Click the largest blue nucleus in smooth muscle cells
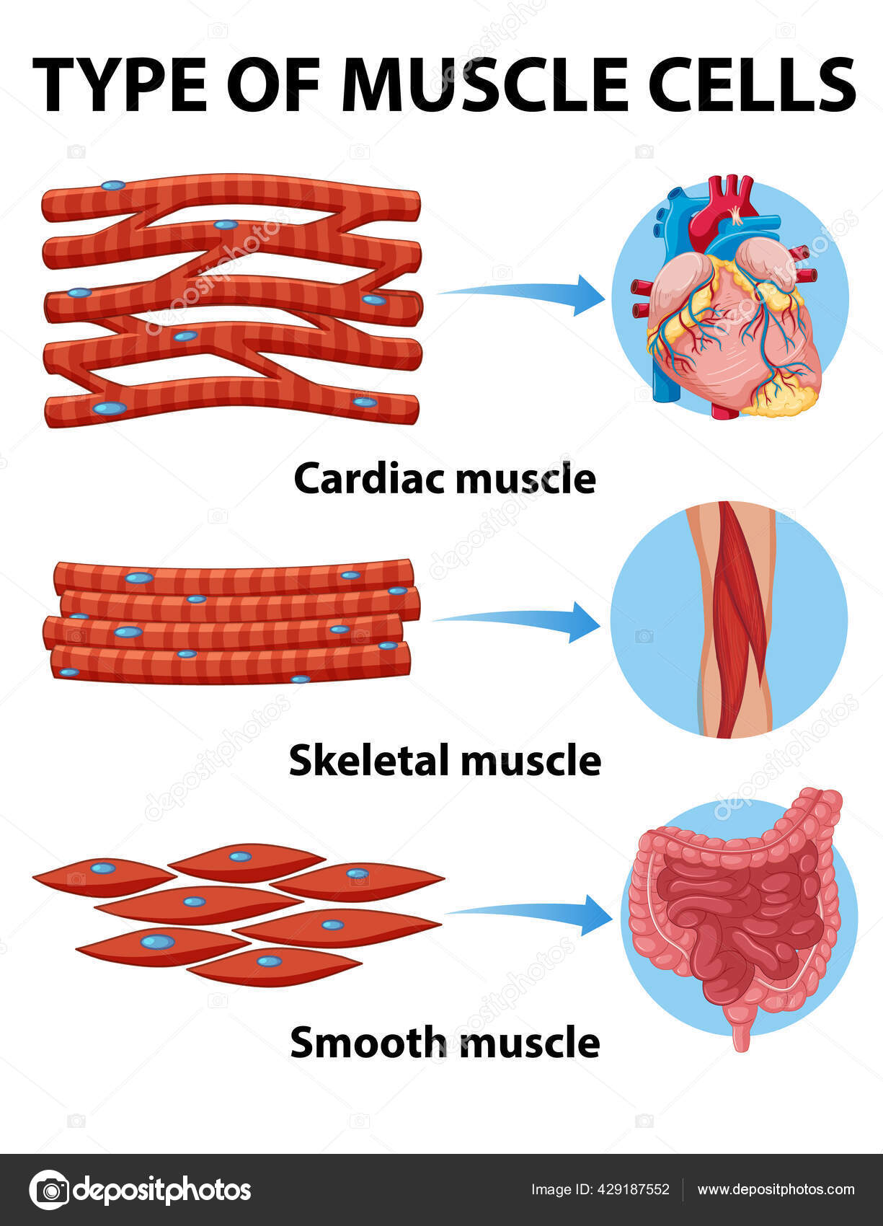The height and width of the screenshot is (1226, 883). click(x=157, y=942)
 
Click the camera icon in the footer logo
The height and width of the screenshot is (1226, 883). click(x=50, y=1189)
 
